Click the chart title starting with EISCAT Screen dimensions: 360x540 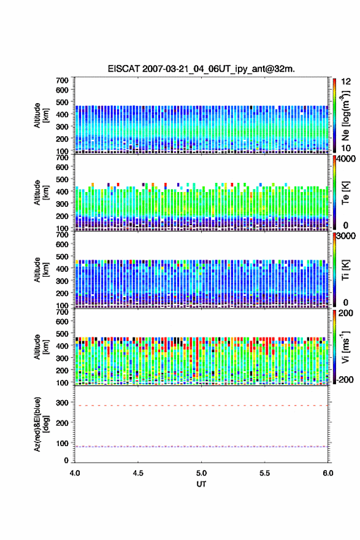coord(201,69)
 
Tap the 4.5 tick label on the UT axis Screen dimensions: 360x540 coord(138,473)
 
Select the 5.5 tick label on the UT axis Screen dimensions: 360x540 coord(265,473)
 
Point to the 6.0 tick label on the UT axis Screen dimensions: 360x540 coord(328,473)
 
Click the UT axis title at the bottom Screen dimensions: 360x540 coord(201,484)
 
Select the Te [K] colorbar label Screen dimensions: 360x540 coord(345,193)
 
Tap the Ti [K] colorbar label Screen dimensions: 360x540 coord(345,270)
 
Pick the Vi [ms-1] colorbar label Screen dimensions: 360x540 coord(345,347)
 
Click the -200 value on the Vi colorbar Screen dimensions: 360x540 coord(344,379)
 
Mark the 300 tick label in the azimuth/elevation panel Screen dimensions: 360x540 coord(63,403)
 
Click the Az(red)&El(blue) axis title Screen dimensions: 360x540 coord(41,425)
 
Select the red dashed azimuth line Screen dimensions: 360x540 coord(201,406)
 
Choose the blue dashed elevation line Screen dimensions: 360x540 coord(201,447)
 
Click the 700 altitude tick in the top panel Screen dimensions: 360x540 coord(63,80)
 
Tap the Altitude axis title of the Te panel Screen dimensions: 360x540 coord(41,193)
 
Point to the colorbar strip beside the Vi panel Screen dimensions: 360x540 coord(334,347)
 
